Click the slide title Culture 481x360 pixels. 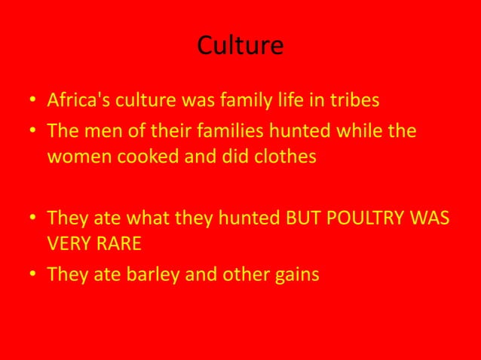(240, 47)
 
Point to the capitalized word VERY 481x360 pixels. (68, 246)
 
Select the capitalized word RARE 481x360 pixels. (117, 246)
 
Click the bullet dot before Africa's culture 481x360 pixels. (33, 101)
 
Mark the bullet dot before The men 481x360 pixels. (33, 133)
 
